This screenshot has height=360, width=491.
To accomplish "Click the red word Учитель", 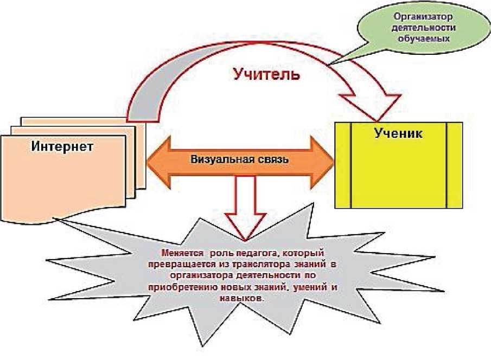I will tap(266, 74).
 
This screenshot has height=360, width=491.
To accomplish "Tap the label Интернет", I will tap(62, 146).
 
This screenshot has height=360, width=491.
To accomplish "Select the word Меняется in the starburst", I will tap(183, 253).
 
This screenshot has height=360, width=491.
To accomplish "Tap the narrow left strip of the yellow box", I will tap(343, 165).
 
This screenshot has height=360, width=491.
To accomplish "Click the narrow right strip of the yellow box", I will tap(455, 165).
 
